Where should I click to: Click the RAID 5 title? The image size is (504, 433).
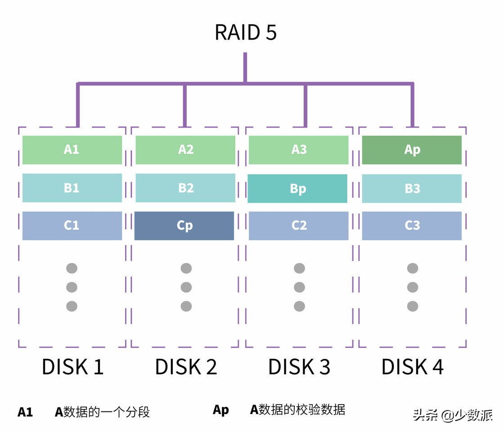click(245, 32)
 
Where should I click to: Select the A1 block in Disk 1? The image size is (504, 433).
click(72, 150)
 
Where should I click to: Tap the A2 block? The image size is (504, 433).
click(185, 150)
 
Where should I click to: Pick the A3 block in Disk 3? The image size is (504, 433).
click(299, 150)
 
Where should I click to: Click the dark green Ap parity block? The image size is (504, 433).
click(412, 150)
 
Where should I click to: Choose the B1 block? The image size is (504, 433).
click(72, 188)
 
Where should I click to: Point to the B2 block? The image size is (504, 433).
click(185, 188)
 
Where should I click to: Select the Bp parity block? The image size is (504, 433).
click(297, 188)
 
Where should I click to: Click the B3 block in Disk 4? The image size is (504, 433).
click(412, 188)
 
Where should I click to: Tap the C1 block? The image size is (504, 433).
click(72, 226)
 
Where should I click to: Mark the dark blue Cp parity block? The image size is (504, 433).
click(184, 226)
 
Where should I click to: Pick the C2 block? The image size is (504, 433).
click(299, 226)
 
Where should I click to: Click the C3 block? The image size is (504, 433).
click(412, 226)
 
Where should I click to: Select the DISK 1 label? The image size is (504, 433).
click(72, 367)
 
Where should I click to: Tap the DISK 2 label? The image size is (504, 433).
click(186, 367)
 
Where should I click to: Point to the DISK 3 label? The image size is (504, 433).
click(299, 367)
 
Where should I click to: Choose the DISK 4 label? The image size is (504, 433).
click(413, 367)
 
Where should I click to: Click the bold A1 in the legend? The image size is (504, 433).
click(25, 412)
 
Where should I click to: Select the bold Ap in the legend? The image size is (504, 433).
click(220, 410)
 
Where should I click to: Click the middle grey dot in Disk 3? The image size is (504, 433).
click(299, 287)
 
